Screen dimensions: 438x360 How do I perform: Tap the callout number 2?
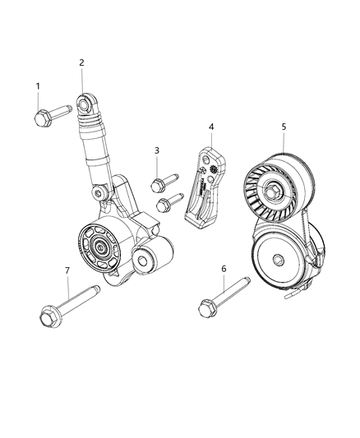pos(82,62)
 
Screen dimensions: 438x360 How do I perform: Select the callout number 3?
pos(157,151)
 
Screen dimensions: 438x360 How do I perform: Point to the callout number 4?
pos(211,127)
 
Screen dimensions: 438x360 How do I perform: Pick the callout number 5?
pos(284,127)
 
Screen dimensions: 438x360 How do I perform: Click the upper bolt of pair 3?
pos(164,181)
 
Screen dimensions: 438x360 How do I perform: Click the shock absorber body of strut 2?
pos(92,136)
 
